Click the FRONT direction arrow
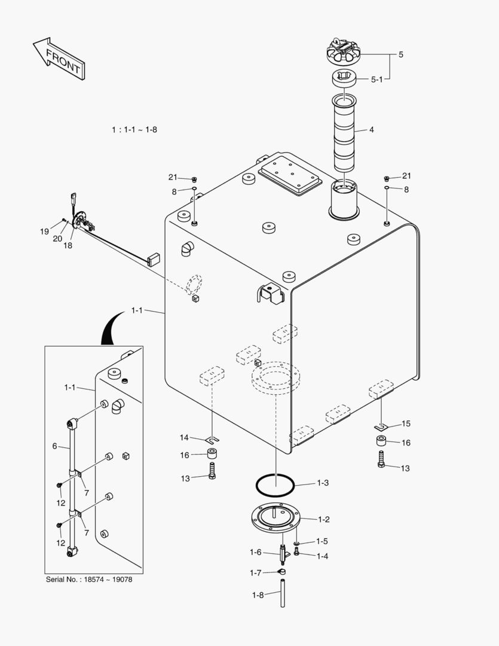coord(58,58)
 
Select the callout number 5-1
coord(377,78)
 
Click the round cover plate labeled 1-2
coord(275,519)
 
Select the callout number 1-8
coord(258,595)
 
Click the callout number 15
coord(406,423)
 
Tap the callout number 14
coord(184,437)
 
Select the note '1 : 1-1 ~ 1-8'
coord(134,129)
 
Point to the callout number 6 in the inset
coord(54,446)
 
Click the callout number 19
coord(45,231)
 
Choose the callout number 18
coord(68,245)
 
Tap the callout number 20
coord(57,239)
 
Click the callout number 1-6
coord(256,551)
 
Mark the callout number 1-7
coord(256,572)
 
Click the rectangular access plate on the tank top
coord(290,175)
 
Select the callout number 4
coord(371,129)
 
